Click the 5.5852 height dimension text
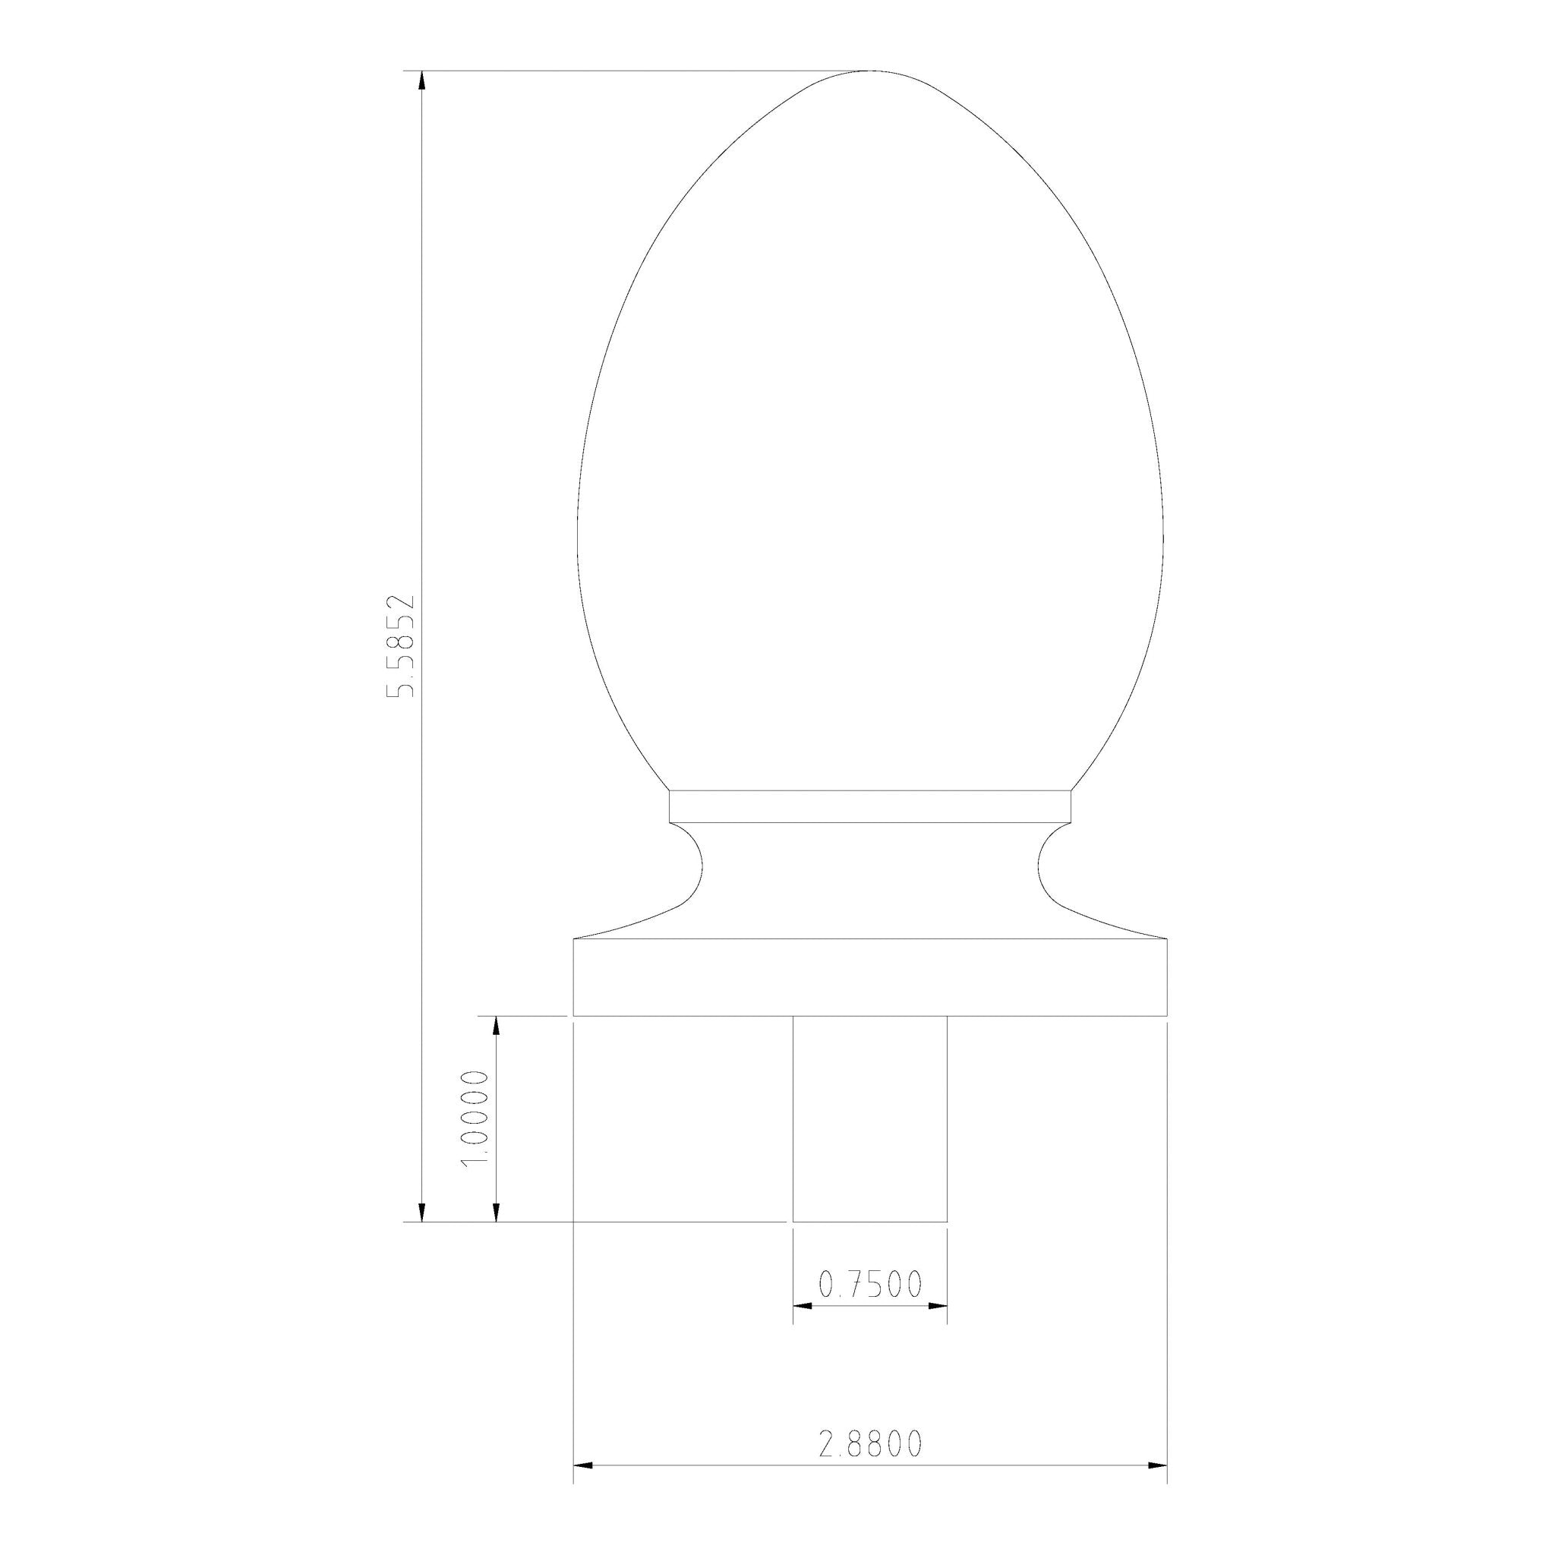[x=400, y=645]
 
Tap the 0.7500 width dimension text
[x=870, y=1285]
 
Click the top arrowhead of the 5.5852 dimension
[x=421, y=80]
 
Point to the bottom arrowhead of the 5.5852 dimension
[x=421, y=1213]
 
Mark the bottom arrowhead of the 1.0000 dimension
[x=496, y=1213]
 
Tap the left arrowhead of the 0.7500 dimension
[x=803, y=1305]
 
